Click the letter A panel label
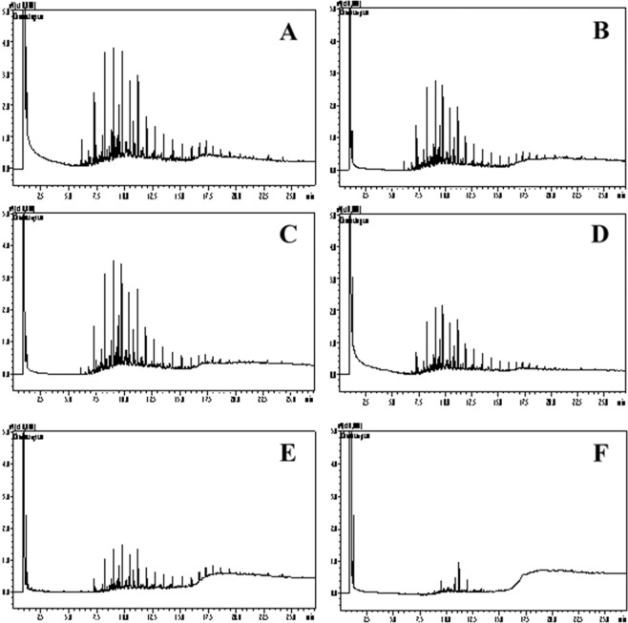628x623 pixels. pos(285,34)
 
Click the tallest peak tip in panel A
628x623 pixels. pos(114,49)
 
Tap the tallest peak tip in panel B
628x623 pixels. pos(435,82)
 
